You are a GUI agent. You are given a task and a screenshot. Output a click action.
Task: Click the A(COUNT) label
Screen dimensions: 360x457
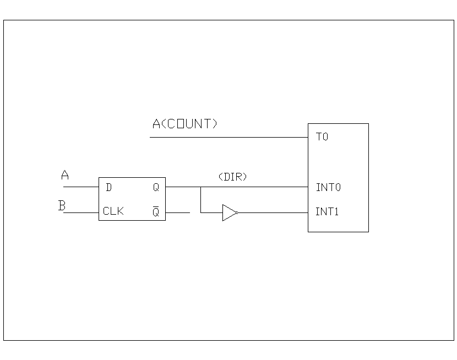tap(185, 124)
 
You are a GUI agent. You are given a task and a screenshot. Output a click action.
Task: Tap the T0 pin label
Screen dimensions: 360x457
tap(322, 137)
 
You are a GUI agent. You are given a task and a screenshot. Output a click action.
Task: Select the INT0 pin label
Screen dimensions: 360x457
tap(328, 187)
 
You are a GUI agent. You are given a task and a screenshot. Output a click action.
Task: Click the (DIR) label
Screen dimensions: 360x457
tap(232, 177)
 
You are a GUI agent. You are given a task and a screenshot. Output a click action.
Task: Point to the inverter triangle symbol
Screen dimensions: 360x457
tap(228, 212)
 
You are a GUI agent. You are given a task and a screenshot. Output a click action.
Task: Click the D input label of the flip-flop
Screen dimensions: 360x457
tap(108, 188)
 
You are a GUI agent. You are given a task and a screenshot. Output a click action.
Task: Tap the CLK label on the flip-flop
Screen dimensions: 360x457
tap(113, 211)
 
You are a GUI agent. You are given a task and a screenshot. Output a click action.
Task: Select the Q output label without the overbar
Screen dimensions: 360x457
tap(156, 188)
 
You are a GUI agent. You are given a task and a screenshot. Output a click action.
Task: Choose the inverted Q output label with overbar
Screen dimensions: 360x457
tap(156, 212)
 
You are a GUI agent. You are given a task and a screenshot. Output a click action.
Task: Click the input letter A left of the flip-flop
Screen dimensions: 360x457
tap(65, 176)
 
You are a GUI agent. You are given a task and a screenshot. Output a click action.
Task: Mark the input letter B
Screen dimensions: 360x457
tap(62, 206)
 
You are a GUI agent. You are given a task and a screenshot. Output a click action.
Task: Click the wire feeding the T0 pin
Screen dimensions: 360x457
tap(228, 137)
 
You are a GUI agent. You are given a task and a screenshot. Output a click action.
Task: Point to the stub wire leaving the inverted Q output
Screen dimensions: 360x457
tap(177, 212)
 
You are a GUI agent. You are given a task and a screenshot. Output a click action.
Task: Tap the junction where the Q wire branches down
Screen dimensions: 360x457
tap(200, 187)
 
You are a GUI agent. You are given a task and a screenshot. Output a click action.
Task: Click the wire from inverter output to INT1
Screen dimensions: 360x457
tap(273, 212)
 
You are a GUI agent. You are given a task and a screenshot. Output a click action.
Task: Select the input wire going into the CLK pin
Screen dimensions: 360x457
tap(81, 212)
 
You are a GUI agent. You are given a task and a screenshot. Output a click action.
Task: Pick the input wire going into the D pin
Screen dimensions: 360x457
tap(81, 187)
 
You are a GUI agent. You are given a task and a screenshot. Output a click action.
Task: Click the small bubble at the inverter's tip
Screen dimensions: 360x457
tap(237, 212)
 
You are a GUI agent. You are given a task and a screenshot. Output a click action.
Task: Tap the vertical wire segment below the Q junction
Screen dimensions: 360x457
tap(200, 200)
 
